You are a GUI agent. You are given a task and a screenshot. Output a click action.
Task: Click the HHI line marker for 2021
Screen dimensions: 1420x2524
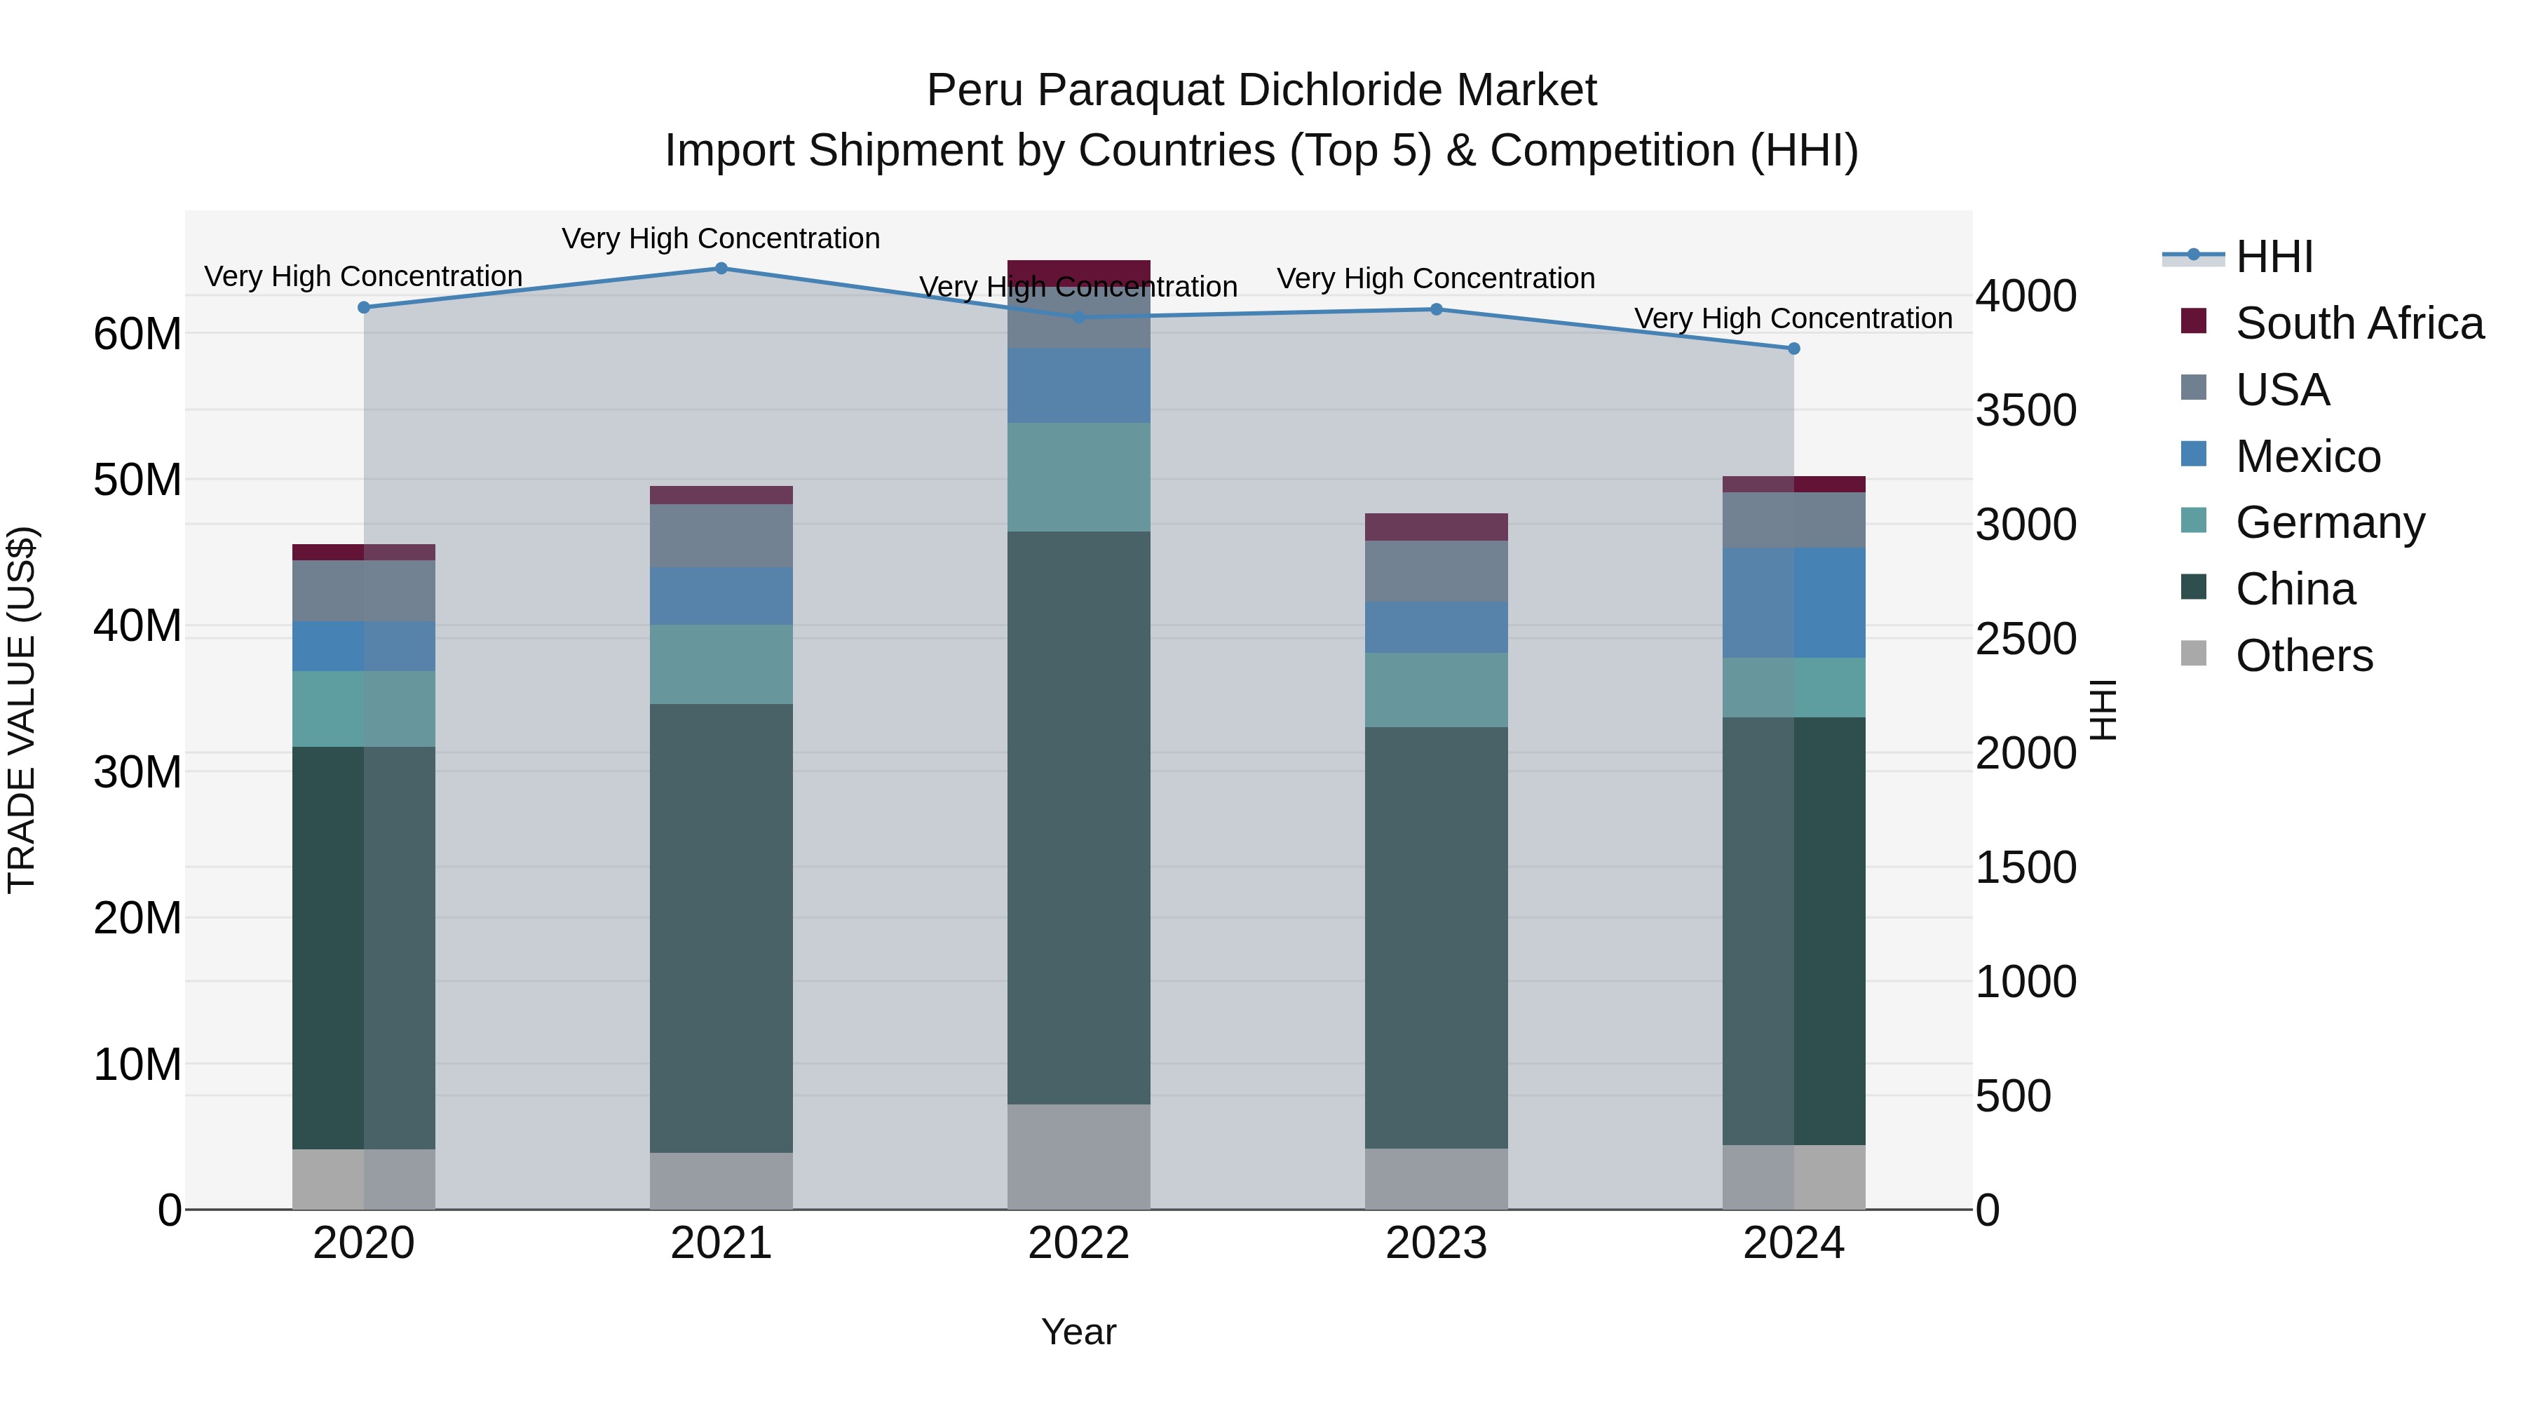721,269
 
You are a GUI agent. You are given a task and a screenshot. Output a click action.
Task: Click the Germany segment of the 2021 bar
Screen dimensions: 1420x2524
721,665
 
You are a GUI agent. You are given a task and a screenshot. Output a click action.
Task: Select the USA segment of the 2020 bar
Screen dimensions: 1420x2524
363,591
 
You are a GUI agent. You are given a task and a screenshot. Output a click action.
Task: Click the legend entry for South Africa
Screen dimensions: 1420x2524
2359,323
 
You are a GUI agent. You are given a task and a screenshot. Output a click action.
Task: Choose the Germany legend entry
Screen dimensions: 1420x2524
2329,522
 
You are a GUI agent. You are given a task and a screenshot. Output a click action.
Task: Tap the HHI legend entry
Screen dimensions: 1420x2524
2273,257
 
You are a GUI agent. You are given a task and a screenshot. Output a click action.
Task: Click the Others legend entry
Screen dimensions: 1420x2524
2304,656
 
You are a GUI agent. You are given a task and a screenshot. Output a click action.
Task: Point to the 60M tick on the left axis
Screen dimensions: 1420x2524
137,334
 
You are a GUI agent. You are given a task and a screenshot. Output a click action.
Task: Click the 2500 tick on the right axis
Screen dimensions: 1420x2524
2024,639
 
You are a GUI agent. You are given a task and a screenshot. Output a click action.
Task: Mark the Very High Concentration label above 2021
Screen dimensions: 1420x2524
721,238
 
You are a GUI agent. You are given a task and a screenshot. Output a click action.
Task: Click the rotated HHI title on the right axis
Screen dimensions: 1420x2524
2103,710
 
